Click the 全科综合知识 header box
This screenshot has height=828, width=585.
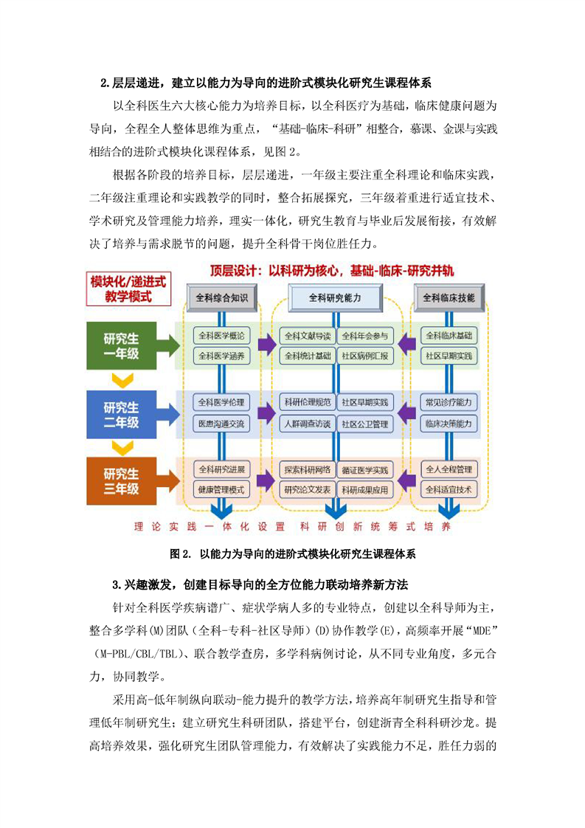pos(221,297)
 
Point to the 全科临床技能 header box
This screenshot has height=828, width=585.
pos(449,297)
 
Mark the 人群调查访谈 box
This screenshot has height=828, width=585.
pos(308,424)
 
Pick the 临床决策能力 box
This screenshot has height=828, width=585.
pos(449,424)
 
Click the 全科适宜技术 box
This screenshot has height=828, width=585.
pos(449,489)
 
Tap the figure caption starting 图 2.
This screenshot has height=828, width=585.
pos(293,553)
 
